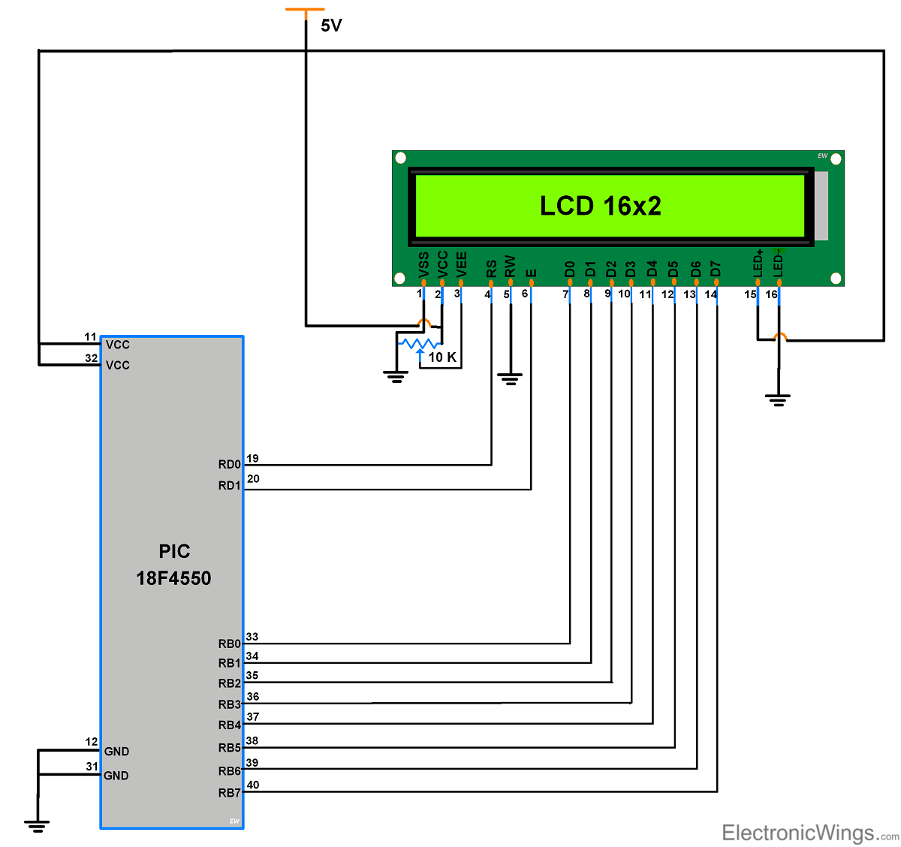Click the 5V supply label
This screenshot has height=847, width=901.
coord(331,26)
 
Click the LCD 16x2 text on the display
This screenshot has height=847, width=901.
coord(601,206)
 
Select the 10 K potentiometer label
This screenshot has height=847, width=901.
coord(442,357)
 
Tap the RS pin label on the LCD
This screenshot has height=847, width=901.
coord(491,269)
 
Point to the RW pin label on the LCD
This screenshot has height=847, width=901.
coord(511,267)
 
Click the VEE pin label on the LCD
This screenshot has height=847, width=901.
coord(462,265)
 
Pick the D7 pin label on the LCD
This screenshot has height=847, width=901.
coord(716,269)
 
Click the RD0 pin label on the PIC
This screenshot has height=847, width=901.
coord(229,465)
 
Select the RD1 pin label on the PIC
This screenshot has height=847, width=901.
coord(229,486)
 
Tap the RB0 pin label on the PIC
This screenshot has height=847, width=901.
coord(229,644)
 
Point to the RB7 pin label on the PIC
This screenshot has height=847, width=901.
coord(229,793)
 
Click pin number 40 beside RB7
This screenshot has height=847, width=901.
coord(253,785)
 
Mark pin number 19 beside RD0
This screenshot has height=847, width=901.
coord(252,458)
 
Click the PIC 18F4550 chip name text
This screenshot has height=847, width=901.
coord(173,565)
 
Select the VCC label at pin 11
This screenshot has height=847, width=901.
coord(118,345)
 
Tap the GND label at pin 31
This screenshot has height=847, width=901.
coord(116,776)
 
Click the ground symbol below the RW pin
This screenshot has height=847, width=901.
coord(510,379)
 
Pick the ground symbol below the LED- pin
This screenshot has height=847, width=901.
coord(779,399)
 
